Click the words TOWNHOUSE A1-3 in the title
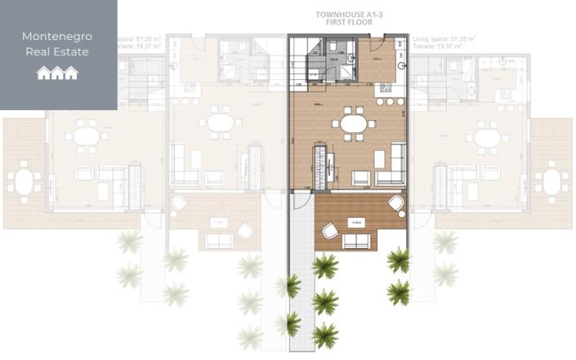point(343,14)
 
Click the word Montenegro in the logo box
point(57,36)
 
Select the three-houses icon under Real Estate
point(57,73)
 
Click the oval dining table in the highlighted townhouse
point(354,124)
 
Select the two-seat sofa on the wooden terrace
point(355,241)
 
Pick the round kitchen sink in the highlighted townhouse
point(401,64)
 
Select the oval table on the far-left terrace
point(24,182)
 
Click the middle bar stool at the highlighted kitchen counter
point(390,100)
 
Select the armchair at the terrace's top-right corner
point(396,203)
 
